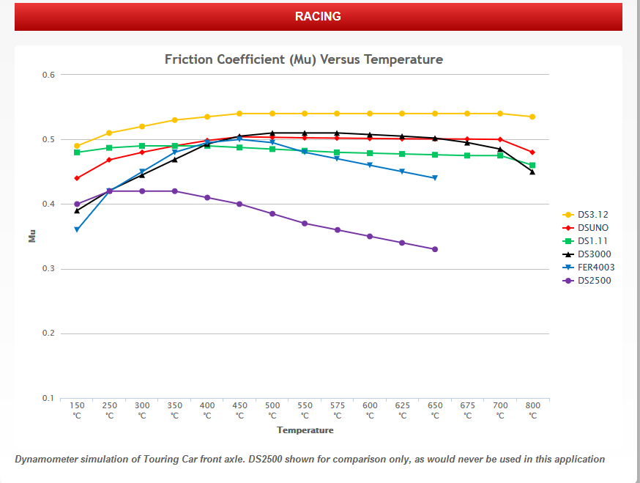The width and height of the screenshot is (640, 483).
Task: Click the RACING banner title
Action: click(x=318, y=16)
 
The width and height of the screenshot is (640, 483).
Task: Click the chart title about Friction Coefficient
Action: click(x=304, y=59)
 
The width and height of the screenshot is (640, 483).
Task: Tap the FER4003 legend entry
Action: click(x=588, y=268)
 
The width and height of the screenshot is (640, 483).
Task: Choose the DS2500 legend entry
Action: click(x=587, y=280)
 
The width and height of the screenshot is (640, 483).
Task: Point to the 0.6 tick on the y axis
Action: click(x=48, y=75)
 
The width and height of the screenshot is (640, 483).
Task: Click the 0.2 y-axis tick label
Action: click(x=48, y=333)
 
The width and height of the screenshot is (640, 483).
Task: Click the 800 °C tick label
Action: click(x=532, y=410)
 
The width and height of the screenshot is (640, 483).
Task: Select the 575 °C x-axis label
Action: click(x=337, y=410)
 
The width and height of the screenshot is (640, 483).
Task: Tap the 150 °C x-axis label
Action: click(x=77, y=410)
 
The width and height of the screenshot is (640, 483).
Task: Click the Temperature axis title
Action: click(x=305, y=430)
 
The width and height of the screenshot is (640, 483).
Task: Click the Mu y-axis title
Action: click(x=32, y=236)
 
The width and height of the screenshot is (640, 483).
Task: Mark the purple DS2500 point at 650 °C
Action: click(x=435, y=249)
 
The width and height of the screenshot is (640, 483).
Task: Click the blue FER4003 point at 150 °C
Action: click(x=77, y=229)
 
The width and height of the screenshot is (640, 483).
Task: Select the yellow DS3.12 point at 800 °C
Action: click(x=532, y=117)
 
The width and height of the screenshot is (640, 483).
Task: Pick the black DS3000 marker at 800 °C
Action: click(x=532, y=172)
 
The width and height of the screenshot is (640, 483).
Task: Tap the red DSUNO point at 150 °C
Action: click(x=77, y=178)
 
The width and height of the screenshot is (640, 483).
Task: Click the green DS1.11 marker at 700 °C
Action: click(x=500, y=155)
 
